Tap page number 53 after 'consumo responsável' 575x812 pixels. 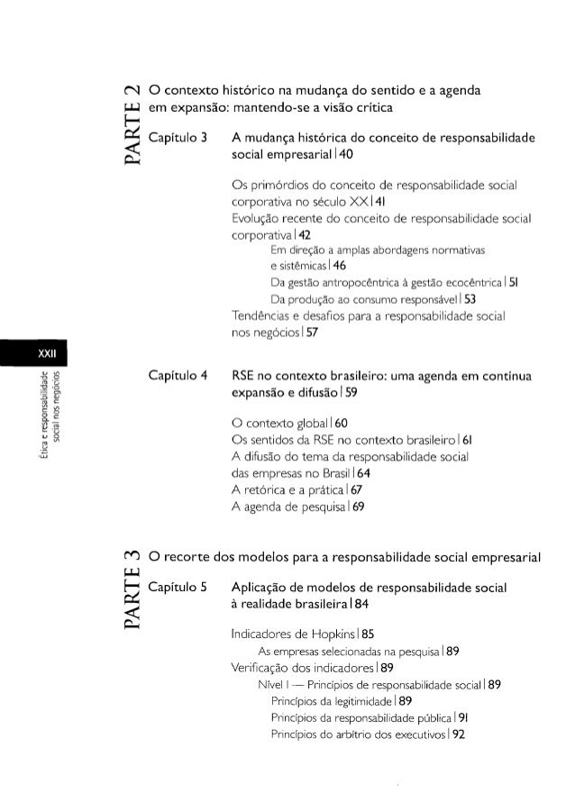401,298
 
